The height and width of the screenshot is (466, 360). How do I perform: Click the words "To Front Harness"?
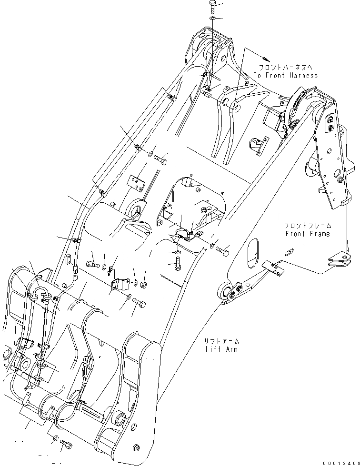click(285, 76)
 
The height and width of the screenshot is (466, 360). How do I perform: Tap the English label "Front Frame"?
click(307, 234)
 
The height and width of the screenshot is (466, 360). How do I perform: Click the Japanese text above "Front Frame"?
click(307, 226)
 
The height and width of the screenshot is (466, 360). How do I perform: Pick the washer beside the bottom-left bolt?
click(56, 437)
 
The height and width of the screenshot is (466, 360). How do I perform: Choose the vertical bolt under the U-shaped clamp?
click(177, 263)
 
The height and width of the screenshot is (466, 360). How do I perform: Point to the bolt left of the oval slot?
click(222, 248)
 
